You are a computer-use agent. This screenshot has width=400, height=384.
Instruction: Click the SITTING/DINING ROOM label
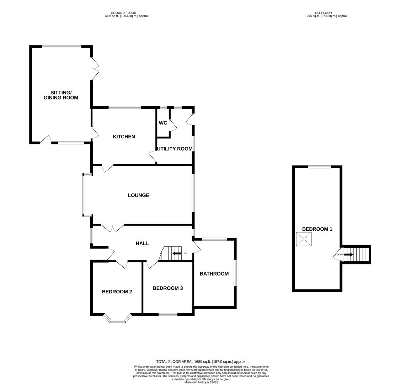tap(61, 95)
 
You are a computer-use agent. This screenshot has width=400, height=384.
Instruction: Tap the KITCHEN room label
tap(124, 137)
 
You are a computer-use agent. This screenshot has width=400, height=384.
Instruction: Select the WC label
tap(163, 123)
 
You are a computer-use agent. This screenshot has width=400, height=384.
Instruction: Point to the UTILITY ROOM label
tap(175, 149)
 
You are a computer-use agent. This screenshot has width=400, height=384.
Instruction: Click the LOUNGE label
tap(138, 195)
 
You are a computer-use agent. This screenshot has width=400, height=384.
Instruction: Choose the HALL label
tap(142, 243)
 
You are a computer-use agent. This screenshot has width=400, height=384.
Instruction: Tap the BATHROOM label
tap(214, 274)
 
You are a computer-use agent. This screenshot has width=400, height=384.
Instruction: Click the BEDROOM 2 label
tap(117, 292)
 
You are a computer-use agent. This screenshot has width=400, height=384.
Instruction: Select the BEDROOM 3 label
tap(167, 288)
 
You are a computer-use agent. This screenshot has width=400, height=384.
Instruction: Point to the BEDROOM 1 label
tap(317, 229)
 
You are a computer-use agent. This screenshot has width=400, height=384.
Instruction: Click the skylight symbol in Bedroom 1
tap(304, 239)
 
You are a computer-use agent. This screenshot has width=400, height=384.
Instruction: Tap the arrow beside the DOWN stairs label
tap(348, 255)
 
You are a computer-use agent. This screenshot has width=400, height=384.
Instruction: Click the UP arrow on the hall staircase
tap(177, 254)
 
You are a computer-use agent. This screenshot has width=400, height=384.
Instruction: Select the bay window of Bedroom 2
tap(118, 319)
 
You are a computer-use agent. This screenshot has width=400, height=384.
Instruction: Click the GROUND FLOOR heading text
tap(123, 13)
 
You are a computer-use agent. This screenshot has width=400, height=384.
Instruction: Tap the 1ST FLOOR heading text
tap(323, 13)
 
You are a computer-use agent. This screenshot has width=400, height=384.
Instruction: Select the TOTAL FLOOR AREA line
tap(201, 362)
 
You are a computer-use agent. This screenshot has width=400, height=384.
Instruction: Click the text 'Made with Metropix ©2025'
tap(201, 382)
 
